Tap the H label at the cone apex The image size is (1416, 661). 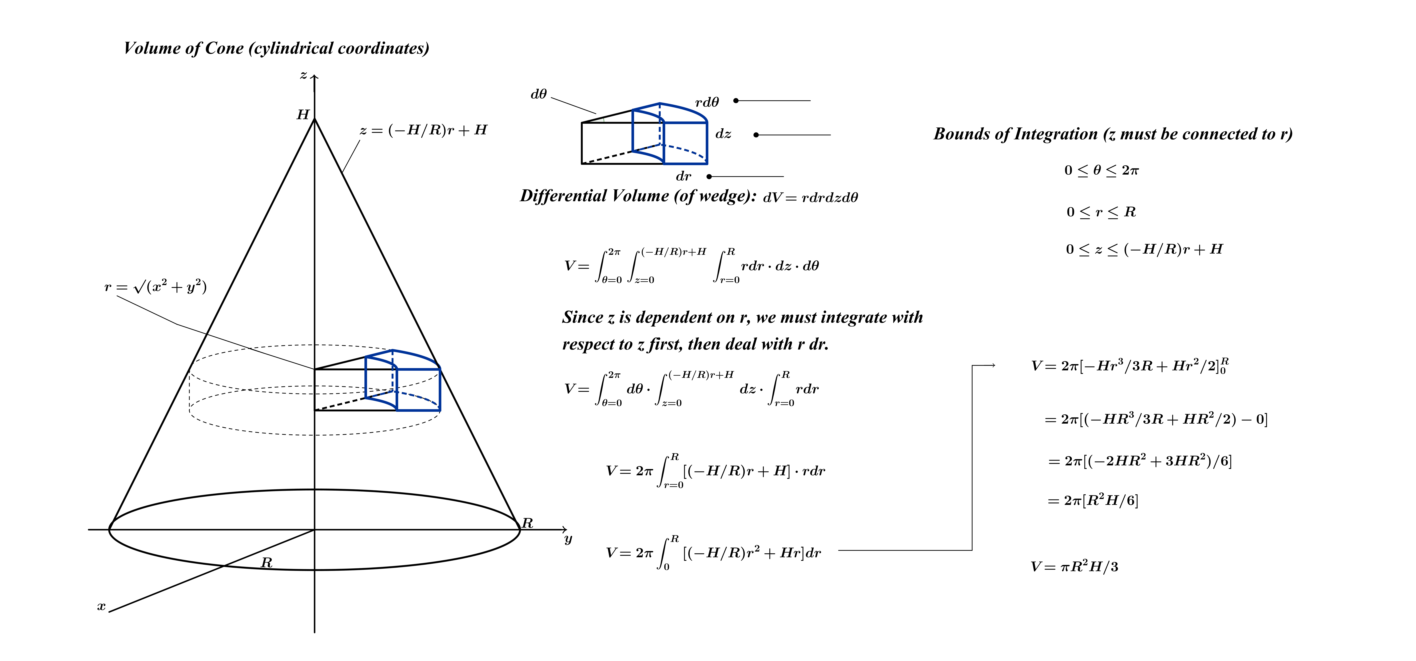pos(303,114)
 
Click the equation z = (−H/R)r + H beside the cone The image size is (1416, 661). pos(423,130)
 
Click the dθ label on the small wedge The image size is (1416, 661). pos(539,95)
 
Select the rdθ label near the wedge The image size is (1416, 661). pos(707,102)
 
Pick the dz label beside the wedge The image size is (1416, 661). pos(723,134)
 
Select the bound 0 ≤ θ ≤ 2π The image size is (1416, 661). pos(1101,171)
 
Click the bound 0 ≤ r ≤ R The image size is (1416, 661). pos(1101,212)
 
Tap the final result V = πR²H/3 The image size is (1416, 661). pos(1074,567)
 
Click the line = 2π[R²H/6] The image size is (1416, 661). pos(1093,500)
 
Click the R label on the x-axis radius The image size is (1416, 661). pos(267,562)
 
